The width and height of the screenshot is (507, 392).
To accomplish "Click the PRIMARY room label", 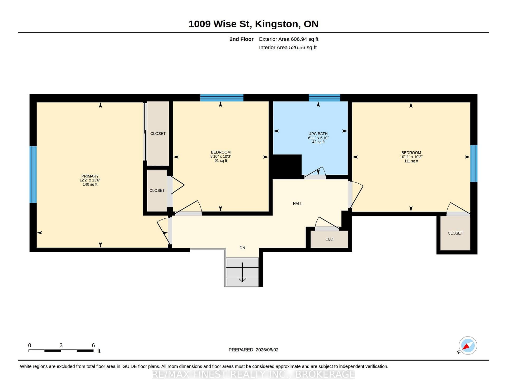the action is tap(90, 176).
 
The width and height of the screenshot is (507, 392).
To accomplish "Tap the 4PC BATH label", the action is tap(318, 134).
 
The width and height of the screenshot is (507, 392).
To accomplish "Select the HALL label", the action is tap(298, 204).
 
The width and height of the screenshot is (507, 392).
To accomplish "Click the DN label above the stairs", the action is tap(242, 248).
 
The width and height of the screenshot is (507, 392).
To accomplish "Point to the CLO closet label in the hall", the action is tap(329, 239).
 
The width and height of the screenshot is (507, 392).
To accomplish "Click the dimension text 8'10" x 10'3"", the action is tap(221, 156).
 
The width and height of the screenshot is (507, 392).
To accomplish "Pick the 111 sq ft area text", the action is tap(411, 161).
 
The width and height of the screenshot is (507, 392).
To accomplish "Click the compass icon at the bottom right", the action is tap(468, 346).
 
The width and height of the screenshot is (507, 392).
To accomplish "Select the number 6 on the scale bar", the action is tap(93, 345).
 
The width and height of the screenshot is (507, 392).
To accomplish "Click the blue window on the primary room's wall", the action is tap(33, 174).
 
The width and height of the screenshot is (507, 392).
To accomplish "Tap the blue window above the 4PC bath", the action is tap(325, 98).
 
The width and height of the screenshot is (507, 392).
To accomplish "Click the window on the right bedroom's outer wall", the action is tap(474, 163).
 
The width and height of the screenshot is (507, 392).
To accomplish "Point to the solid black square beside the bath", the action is tap(287, 167).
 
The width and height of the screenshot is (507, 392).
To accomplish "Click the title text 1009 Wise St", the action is tap(219, 24).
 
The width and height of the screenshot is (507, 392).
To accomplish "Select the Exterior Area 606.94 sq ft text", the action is tap(289, 39).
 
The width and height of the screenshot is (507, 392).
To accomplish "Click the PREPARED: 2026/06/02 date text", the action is tap(253, 350).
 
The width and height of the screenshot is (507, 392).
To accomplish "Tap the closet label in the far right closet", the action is tap(455, 233).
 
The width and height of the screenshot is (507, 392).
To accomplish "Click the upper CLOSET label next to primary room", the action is tap(158, 134).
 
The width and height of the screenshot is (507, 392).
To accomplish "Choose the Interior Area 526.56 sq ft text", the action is tap(288, 48).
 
